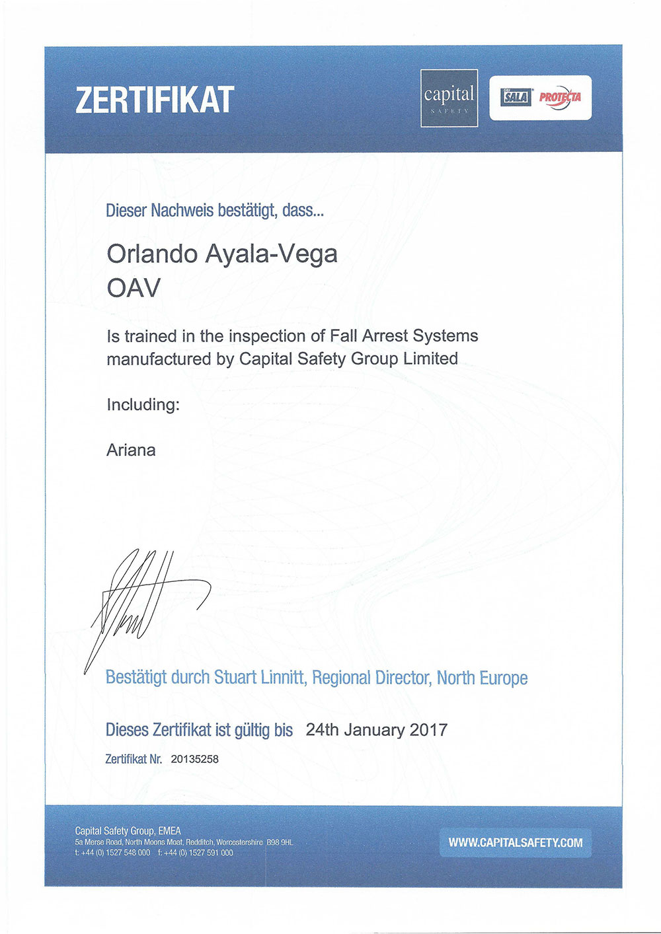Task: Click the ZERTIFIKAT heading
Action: pos(155,100)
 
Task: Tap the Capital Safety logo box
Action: pos(449,98)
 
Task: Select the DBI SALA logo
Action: pos(516,97)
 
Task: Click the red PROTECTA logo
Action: pos(560,96)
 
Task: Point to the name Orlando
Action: pos(153,254)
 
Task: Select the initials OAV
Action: pos(134,288)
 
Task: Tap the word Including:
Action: pos(143,404)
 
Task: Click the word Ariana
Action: pos(131,450)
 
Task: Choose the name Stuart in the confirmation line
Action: pos(235,678)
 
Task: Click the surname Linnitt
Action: pos(283,678)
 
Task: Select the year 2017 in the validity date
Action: pos(428,730)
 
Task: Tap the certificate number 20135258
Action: pos(194,759)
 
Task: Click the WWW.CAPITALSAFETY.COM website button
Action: pos(515,843)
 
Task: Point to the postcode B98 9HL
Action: pos(280,843)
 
